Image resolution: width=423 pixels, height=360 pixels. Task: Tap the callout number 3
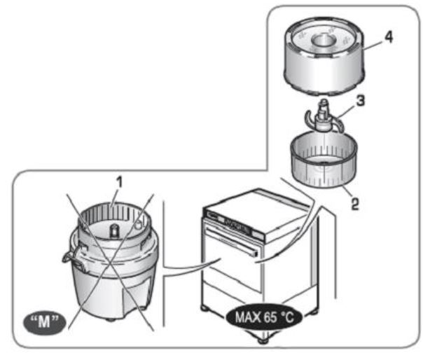tap(359, 101)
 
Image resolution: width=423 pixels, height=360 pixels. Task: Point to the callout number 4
tap(388, 37)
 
